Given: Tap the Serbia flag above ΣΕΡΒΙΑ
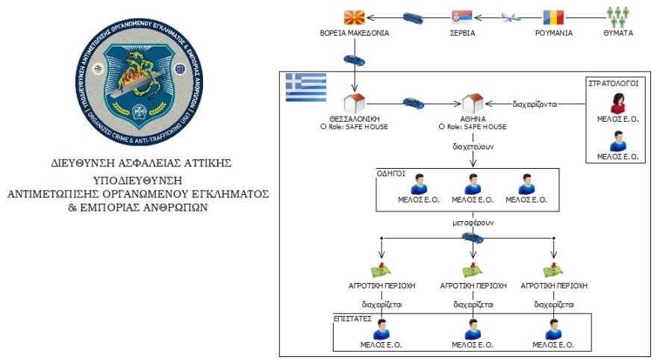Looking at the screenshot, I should [x=461, y=16].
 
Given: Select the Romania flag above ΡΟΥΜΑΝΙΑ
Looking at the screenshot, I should [x=554, y=16].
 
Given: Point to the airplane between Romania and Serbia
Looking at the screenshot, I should [x=508, y=16].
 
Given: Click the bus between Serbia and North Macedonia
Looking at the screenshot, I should [x=414, y=16].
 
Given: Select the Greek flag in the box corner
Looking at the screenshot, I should [x=306, y=88].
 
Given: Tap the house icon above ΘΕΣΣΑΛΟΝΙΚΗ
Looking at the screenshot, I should [x=353, y=104].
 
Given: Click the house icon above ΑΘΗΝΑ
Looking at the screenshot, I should [x=472, y=104].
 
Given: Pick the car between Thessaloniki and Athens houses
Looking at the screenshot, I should [x=413, y=103].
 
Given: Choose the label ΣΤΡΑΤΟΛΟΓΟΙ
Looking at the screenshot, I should [x=617, y=84].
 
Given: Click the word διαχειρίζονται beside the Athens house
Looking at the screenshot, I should [x=540, y=104].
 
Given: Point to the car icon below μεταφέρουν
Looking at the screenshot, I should [x=472, y=238].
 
